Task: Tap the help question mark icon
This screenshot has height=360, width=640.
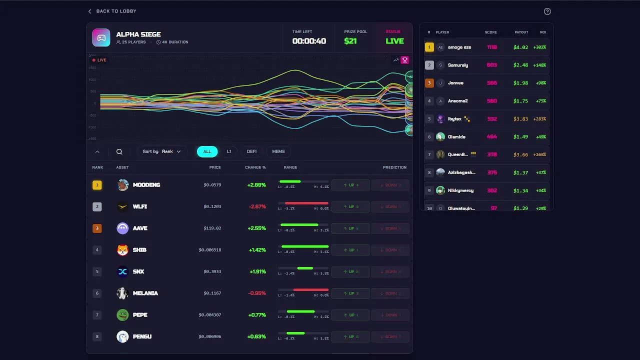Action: point(547,11)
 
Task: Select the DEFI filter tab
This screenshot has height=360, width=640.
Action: point(251,151)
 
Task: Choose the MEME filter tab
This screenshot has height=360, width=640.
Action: point(278,151)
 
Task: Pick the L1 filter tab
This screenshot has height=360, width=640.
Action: point(229,151)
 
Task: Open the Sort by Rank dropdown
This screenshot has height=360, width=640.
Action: point(162,151)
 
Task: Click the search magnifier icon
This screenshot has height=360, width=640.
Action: point(119,151)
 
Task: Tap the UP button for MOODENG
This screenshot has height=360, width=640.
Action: point(350,185)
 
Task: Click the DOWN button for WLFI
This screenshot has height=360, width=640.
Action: point(390,206)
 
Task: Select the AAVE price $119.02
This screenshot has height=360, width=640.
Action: point(212,228)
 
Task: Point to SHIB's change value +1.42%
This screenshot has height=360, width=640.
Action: point(256,250)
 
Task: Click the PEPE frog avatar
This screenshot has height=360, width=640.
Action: point(122,315)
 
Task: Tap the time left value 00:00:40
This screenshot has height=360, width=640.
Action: point(309,41)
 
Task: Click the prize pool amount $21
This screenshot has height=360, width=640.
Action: point(350,41)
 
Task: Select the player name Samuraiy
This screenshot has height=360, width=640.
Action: point(458,65)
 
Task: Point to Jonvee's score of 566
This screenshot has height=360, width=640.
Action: point(491,83)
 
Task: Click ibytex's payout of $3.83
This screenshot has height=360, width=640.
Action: point(520,119)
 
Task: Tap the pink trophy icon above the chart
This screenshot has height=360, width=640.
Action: point(405,60)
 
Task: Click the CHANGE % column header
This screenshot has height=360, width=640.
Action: point(255,167)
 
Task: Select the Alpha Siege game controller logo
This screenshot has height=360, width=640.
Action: point(101,38)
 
